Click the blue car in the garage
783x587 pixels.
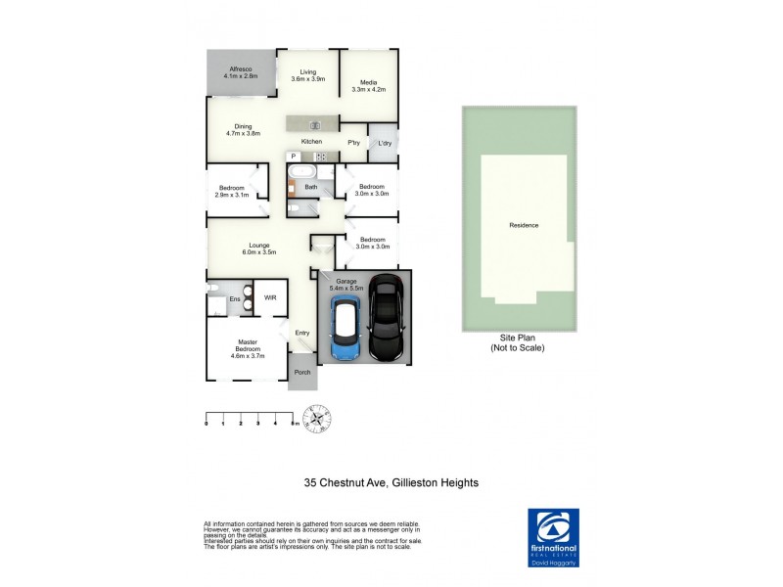(346, 330)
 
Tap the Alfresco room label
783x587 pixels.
(240, 71)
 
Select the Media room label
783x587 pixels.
(368, 85)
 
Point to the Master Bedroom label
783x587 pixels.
(247, 348)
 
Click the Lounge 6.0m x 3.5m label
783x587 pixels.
(259, 248)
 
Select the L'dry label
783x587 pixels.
(385, 144)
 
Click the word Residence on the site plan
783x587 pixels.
(524, 225)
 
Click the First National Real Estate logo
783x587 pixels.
(553, 535)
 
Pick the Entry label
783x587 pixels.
(302, 333)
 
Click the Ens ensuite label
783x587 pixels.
(235, 299)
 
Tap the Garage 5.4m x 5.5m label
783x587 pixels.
(349, 285)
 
